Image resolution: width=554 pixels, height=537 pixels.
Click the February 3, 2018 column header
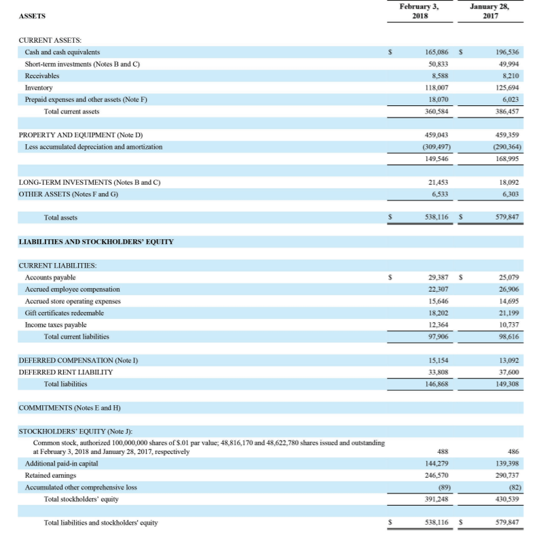(x=419, y=12)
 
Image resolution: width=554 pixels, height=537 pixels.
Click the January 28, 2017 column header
(x=489, y=12)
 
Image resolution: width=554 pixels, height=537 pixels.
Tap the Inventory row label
(x=39, y=88)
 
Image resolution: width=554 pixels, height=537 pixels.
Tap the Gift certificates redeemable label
(x=64, y=313)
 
